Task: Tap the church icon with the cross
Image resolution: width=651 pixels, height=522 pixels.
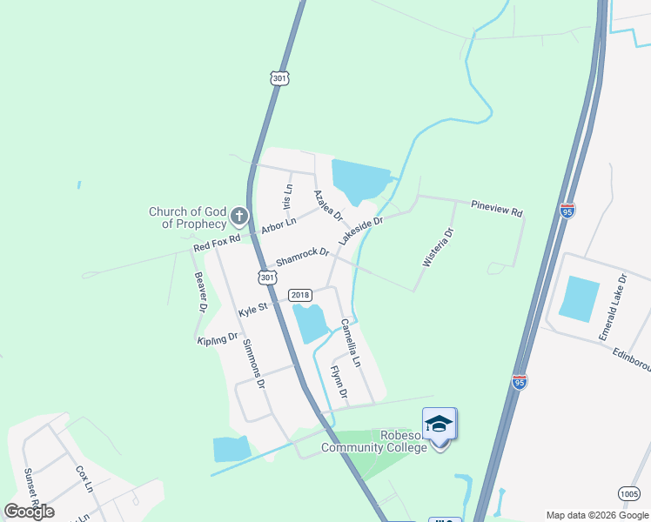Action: click(x=239, y=216)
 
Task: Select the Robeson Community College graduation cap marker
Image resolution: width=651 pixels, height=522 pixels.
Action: click(x=439, y=424)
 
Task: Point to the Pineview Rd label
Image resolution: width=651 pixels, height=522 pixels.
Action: click(x=496, y=211)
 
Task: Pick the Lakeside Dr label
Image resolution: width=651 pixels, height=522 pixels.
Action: click(x=360, y=231)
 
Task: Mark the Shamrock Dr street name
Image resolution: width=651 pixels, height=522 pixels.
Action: click(x=302, y=258)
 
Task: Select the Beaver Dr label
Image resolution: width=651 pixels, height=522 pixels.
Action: click(x=201, y=291)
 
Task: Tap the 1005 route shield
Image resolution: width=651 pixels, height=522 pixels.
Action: click(x=628, y=493)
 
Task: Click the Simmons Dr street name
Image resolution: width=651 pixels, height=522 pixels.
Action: click(x=252, y=363)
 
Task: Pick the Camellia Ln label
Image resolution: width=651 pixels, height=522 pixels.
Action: click(x=350, y=341)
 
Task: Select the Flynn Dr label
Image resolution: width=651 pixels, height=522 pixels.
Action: click(x=338, y=383)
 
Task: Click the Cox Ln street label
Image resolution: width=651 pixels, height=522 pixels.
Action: click(x=84, y=478)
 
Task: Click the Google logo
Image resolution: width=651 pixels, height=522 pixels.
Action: click(x=29, y=512)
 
